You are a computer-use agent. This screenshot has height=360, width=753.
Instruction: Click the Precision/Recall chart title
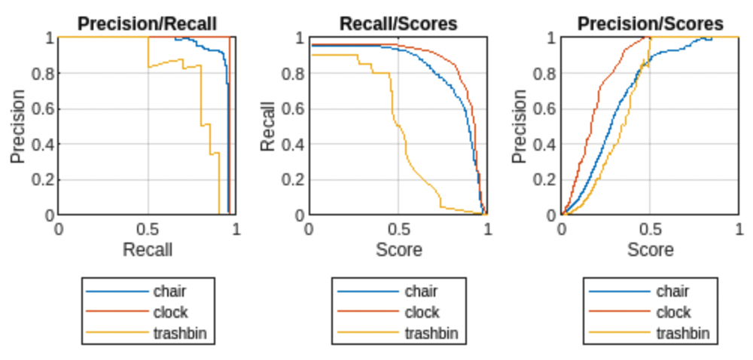click(x=148, y=23)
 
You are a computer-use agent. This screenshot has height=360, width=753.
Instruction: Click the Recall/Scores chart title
click(x=398, y=23)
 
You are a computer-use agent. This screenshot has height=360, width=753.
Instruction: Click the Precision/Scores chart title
click(x=650, y=23)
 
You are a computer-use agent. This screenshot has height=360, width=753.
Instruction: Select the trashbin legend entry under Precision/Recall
click(x=179, y=332)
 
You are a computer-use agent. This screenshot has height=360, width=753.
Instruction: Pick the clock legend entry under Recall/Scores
click(x=421, y=312)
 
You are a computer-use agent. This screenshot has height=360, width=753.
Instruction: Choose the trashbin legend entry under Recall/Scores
click(x=431, y=332)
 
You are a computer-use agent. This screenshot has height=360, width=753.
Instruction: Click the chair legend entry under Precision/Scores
click(x=672, y=291)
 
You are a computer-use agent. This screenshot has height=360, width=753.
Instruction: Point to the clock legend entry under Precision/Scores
click(x=672, y=312)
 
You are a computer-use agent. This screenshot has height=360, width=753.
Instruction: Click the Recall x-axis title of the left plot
click(x=148, y=249)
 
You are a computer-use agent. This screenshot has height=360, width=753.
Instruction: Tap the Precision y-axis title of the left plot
click(x=18, y=126)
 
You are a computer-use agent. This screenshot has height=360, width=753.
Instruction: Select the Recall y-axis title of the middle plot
click(x=269, y=126)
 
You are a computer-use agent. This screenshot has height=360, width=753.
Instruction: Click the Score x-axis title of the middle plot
click(x=398, y=249)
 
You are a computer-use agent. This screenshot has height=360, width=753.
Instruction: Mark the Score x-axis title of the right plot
click(x=650, y=249)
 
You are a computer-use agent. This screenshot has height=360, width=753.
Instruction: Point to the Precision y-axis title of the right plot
click(x=520, y=126)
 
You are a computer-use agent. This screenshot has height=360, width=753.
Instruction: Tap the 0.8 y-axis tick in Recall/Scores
click(x=294, y=73)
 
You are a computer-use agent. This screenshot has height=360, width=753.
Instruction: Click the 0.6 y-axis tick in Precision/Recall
click(x=44, y=108)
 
